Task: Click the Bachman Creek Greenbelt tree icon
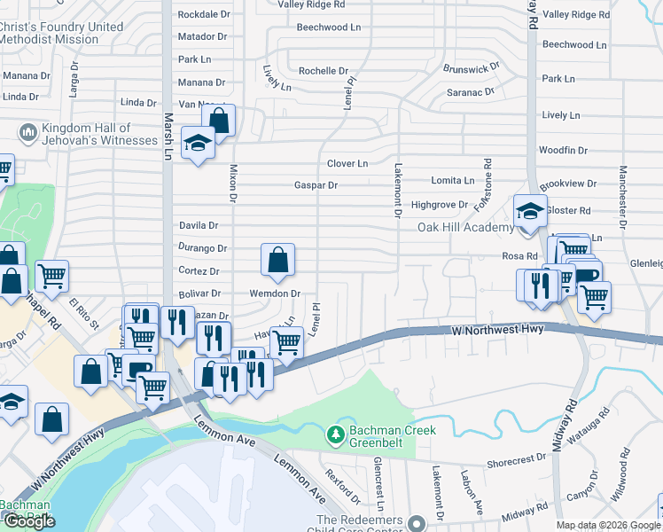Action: click(336, 434)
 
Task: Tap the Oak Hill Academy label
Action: click(466, 228)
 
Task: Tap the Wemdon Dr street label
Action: click(276, 293)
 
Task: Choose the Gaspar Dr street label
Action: click(316, 185)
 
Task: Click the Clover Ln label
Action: click(347, 164)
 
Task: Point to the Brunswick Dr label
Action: click(472, 68)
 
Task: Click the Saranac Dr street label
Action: click(470, 91)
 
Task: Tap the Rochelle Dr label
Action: click(324, 71)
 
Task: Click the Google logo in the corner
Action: click(29, 521)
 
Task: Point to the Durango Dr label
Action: click(203, 249)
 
